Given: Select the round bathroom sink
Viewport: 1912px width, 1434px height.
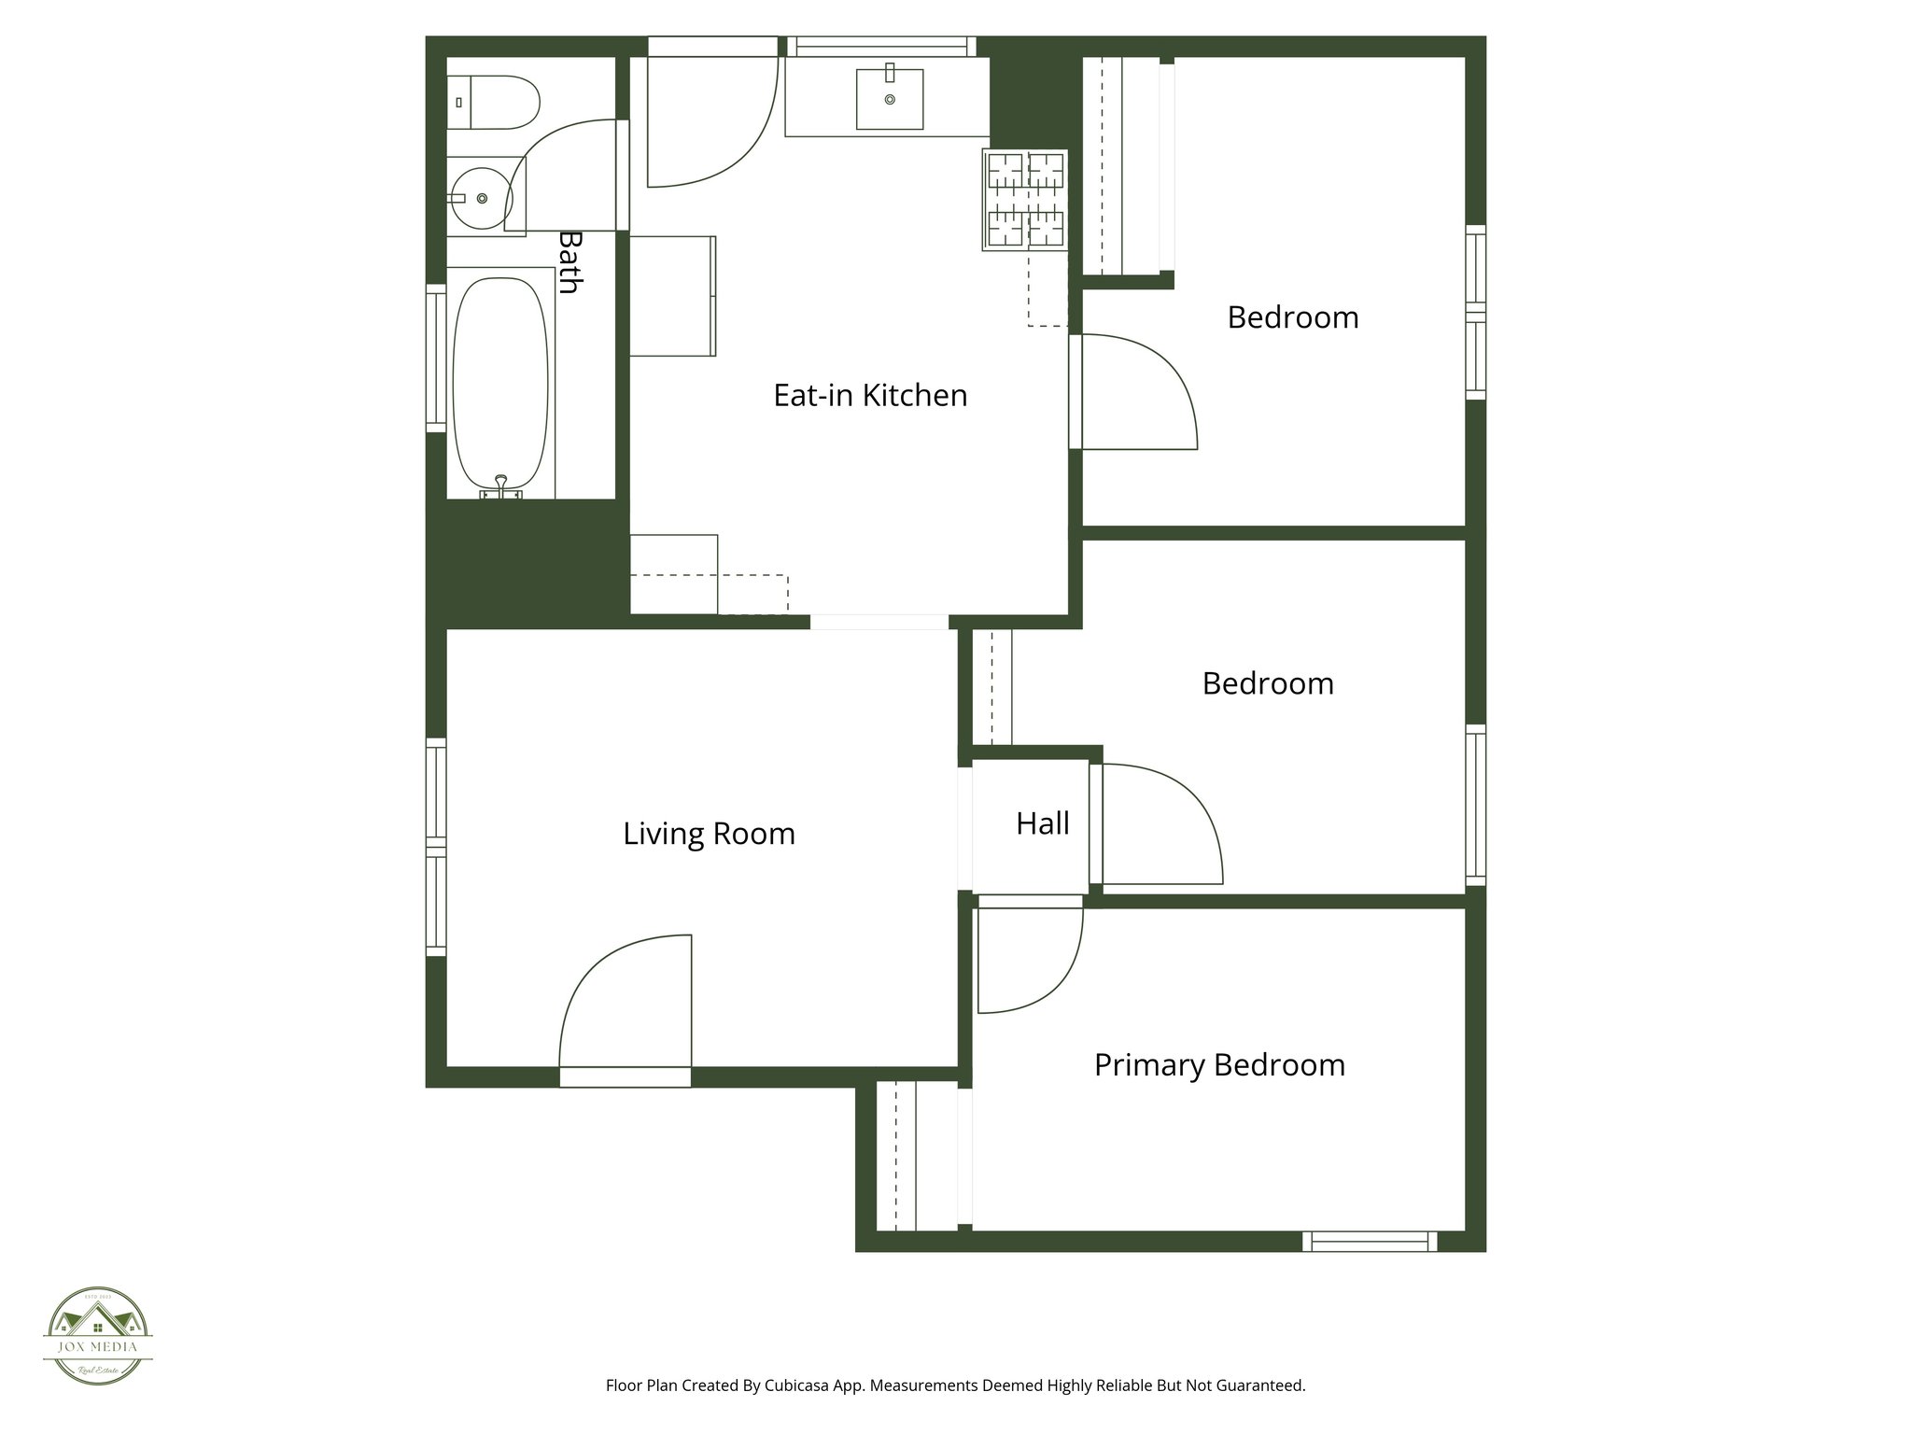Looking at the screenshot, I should [x=481, y=198].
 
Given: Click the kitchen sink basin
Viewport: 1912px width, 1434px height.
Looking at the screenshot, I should [x=889, y=99].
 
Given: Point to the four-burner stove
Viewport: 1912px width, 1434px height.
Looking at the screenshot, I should [x=1024, y=200].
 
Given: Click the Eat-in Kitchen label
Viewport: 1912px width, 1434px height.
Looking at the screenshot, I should [x=870, y=396].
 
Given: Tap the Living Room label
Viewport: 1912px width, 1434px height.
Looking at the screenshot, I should [x=709, y=834].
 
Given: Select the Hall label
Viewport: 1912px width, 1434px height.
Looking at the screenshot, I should [x=1042, y=823].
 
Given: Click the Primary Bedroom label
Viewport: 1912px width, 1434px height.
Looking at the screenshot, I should [x=1219, y=1065].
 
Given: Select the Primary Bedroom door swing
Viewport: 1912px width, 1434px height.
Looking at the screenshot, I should [x=1027, y=962].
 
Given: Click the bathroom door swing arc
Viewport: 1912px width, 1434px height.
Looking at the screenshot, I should [x=551, y=168].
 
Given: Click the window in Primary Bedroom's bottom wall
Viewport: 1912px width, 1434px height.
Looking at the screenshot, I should [x=1370, y=1242].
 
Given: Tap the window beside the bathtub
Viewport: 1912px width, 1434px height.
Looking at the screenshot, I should [x=435, y=358].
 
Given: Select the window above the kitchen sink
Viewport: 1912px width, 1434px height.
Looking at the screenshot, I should [x=881, y=46].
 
